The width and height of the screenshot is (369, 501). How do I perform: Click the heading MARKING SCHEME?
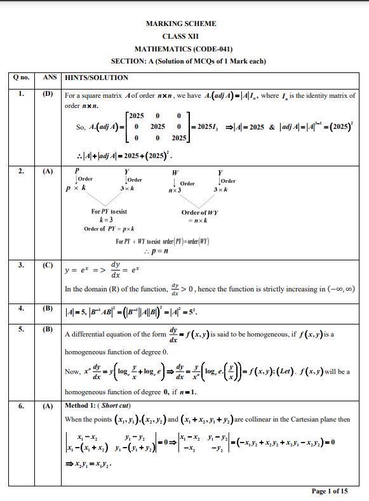(181, 23)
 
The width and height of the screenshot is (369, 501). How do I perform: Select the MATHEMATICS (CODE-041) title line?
(183, 49)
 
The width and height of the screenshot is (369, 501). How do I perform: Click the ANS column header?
(49, 77)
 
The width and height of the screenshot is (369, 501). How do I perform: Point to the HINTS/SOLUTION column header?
(97, 77)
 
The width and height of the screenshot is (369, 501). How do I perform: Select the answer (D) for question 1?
(48, 94)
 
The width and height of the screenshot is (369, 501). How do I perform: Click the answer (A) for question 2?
(48, 171)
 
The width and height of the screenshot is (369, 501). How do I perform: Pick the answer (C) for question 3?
(48, 265)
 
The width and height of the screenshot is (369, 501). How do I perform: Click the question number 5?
(21, 329)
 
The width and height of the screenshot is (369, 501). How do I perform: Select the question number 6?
(21, 405)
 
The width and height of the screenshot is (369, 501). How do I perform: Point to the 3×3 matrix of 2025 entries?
(157, 126)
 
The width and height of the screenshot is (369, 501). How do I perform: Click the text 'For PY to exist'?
(109, 211)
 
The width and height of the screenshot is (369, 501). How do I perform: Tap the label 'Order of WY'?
(200, 212)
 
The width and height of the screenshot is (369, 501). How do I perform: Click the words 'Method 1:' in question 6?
(81, 405)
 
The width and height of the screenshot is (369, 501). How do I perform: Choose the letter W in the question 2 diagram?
(175, 172)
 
